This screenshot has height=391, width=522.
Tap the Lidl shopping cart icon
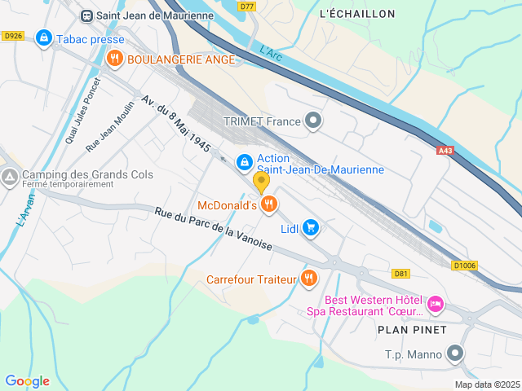point(310,228)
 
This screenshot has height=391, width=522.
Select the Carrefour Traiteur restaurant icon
point(308,279)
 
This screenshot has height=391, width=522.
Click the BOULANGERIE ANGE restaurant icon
point(114,59)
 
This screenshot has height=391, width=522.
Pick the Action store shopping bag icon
point(244,163)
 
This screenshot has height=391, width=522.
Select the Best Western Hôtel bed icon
point(436,304)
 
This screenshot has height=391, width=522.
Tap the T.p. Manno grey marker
point(455,354)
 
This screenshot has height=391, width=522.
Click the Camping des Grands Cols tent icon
point(10,176)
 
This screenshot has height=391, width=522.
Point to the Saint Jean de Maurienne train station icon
point(86,14)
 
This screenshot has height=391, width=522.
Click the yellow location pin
point(261,182)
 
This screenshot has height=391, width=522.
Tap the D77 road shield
point(248,6)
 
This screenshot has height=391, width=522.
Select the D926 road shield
point(12,36)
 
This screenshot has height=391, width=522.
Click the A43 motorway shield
point(445,151)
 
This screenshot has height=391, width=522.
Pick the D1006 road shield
point(463,265)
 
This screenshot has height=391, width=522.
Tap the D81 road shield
point(400,274)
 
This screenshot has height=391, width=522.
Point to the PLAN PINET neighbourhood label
point(412,329)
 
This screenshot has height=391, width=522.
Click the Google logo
point(27,381)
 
